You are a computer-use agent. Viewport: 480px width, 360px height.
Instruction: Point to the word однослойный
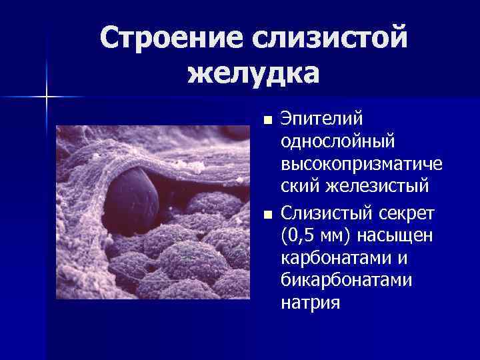point(338,143)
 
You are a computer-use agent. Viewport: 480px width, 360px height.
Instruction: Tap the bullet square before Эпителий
point(267,121)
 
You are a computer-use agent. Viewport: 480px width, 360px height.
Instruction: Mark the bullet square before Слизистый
point(267,215)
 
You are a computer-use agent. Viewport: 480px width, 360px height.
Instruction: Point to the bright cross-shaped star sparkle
point(47,97)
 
